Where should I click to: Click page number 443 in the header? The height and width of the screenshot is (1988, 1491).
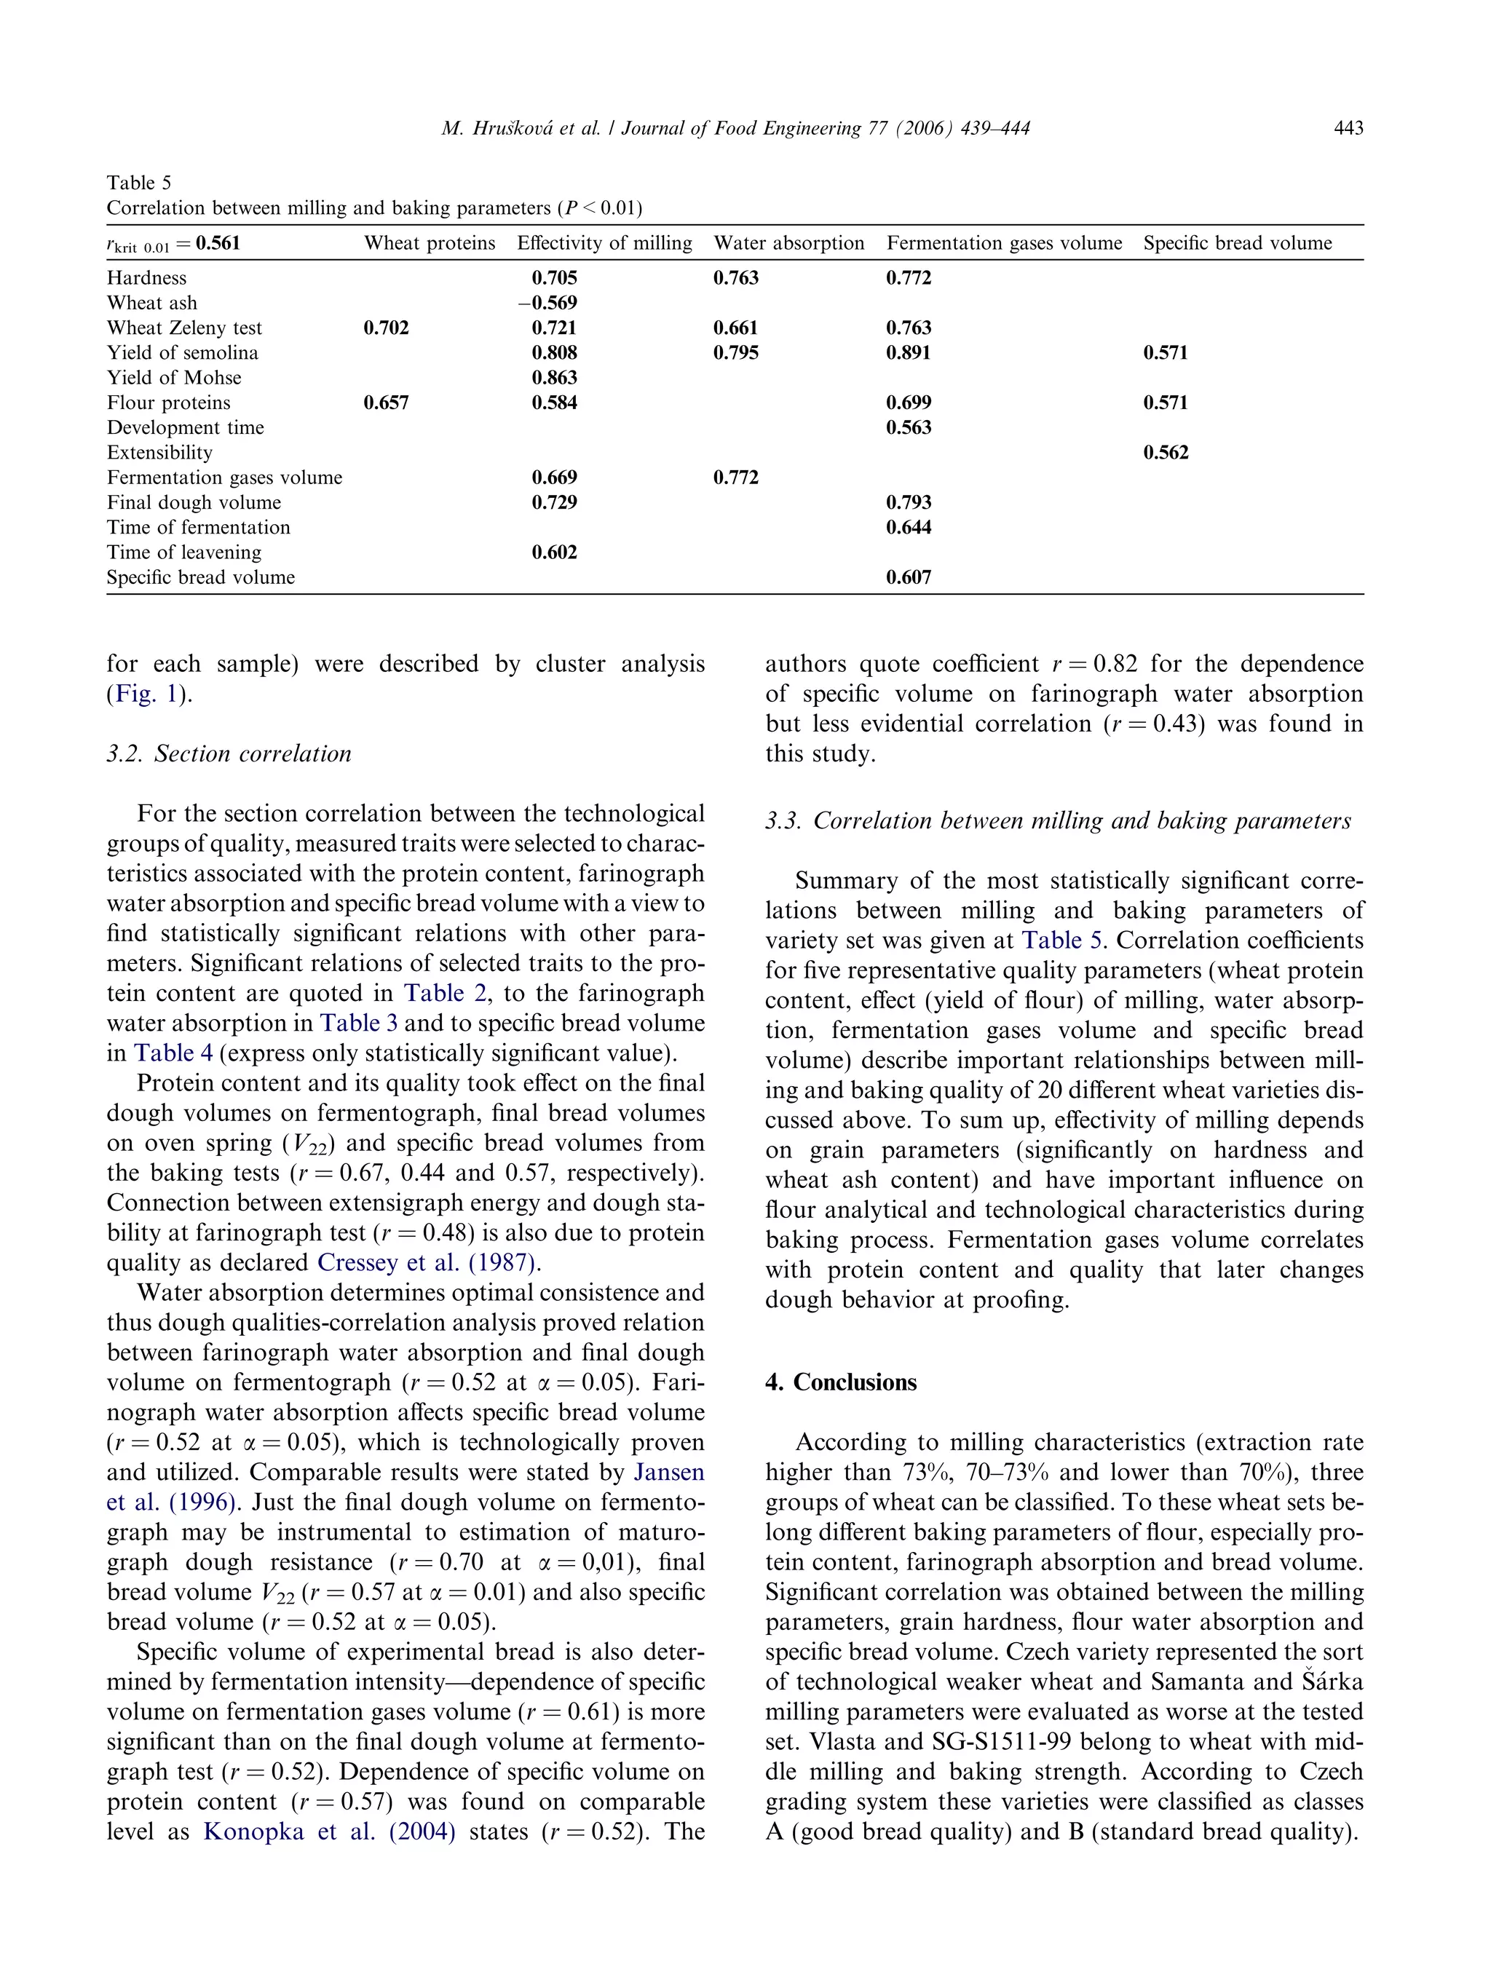[x=1348, y=129]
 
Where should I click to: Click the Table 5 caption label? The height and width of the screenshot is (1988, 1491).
[x=138, y=183]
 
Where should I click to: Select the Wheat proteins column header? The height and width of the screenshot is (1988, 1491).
[x=430, y=242]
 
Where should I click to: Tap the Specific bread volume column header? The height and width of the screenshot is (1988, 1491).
[x=1237, y=242]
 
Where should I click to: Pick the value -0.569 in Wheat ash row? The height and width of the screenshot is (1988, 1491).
[x=547, y=303]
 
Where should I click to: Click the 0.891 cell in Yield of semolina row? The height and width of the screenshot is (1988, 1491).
[x=908, y=352]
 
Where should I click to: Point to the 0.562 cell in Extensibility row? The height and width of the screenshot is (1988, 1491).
[x=1165, y=453]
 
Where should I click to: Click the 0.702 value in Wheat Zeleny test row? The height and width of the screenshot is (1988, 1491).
[x=386, y=328]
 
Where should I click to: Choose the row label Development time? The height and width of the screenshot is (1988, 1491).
[x=185, y=428]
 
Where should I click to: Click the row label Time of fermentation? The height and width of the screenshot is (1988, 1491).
[x=198, y=528]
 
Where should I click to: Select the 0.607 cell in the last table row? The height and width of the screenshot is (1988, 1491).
[x=908, y=578]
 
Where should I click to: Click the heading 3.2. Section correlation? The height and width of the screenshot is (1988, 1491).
[x=229, y=753]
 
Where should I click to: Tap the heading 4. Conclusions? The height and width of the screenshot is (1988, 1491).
[x=840, y=1382]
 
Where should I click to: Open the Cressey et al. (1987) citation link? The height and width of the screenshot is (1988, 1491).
[x=428, y=1263]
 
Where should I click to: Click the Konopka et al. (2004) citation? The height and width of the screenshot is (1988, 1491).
[x=329, y=1831]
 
